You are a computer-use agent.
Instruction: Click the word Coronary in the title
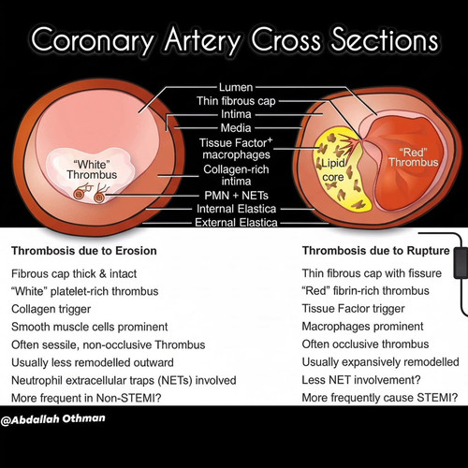tap(93, 41)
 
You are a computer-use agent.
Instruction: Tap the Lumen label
tap(236, 87)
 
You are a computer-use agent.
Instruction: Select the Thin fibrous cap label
tap(236, 101)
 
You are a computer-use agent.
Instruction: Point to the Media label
tap(236, 128)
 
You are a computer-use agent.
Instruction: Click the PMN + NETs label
tap(236, 196)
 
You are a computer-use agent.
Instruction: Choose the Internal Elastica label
tap(236, 209)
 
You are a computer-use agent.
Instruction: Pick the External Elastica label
tap(236, 223)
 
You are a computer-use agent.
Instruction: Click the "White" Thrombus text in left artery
tap(92, 169)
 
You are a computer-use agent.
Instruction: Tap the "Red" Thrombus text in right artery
tap(414, 157)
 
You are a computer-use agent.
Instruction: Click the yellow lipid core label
tap(333, 170)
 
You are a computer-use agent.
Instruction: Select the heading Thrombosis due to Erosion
tap(84, 251)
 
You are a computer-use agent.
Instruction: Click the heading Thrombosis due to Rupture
tap(376, 251)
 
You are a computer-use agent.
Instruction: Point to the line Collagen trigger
tap(51, 309)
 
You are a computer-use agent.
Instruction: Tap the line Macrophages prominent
tap(362, 327)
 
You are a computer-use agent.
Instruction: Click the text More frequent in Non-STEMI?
tap(86, 398)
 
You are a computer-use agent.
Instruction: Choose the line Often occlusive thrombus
tap(365, 344)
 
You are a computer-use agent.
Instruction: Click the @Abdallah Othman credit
tap(52, 419)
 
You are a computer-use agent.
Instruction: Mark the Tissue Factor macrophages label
tap(236, 149)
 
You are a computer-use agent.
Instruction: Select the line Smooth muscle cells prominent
tap(90, 327)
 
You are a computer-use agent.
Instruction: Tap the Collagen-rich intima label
tap(236, 175)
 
